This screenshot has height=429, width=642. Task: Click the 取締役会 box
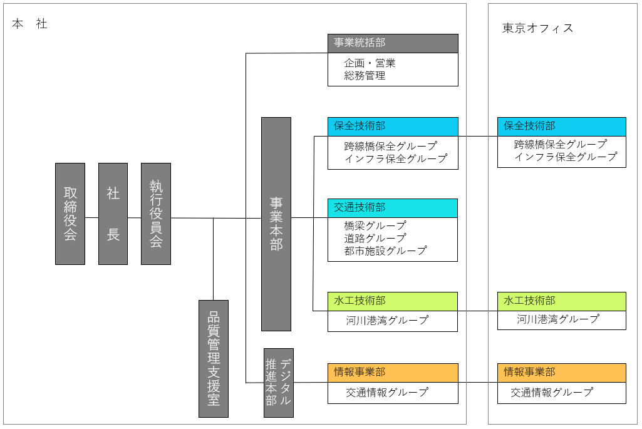pos(70,214)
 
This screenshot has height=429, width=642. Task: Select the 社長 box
pos(113,214)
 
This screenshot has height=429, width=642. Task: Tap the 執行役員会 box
pos(156,214)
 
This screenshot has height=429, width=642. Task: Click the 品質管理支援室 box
pos(214,359)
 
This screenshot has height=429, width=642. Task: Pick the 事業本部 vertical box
pos(276,224)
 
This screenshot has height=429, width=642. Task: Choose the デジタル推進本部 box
pos(279,383)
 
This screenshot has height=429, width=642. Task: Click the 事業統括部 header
pos(393,43)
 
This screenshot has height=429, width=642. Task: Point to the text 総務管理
pos(365,76)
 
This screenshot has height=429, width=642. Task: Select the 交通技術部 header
pos(393,208)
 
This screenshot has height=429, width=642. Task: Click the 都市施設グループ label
pos(385,251)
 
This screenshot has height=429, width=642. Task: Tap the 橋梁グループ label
pos(375,225)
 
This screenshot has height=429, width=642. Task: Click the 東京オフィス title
pos(538,28)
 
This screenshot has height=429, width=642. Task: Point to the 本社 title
pos(29,24)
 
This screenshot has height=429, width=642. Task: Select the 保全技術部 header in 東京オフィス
pos(562,127)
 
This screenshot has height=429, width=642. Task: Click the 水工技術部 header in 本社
pos(393,301)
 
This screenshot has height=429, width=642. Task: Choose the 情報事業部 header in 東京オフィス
pos(562,373)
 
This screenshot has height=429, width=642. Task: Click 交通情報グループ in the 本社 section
pos(387,393)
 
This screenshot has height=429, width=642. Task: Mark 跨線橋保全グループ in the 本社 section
pos(391,146)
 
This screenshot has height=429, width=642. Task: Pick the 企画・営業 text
pos(370,63)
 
